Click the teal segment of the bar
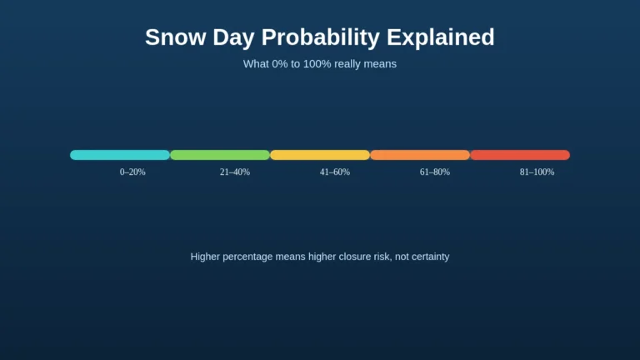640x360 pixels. click(x=120, y=155)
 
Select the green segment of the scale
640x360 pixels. click(x=220, y=155)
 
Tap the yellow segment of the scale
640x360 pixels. click(x=320, y=155)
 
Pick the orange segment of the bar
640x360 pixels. click(x=420, y=155)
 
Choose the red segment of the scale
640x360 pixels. click(x=520, y=155)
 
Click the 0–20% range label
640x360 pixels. click(x=132, y=172)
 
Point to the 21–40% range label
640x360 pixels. click(x=234, y=172)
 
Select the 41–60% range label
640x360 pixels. click(x=334, y=172)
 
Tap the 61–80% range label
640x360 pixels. click(x=434, y=172)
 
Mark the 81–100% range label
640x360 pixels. click(x=537, y=172)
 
